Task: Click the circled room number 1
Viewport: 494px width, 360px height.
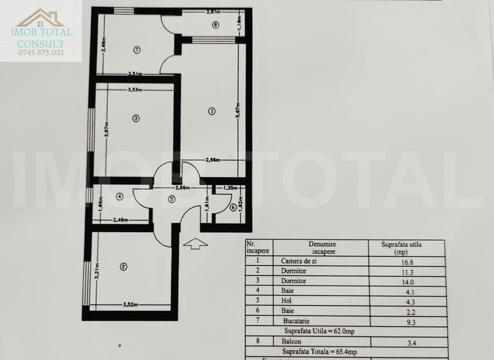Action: [212, 111]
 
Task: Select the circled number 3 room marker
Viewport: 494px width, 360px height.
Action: [135, 118]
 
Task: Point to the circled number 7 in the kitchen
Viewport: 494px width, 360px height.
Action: [137, 49]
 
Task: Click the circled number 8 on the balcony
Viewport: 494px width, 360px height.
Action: [215, 25]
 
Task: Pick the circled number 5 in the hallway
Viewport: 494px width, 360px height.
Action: [171, 199]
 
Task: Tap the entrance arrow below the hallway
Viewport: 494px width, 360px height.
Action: [199, 243]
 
